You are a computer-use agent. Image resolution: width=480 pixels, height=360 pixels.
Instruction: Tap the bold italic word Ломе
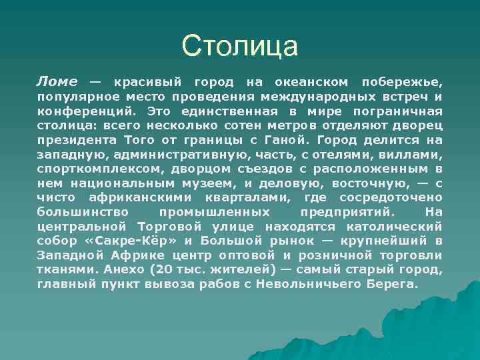57,82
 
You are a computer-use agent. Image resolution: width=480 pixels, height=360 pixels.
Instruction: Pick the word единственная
227,111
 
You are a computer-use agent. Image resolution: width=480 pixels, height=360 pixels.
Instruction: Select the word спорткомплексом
96,169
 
